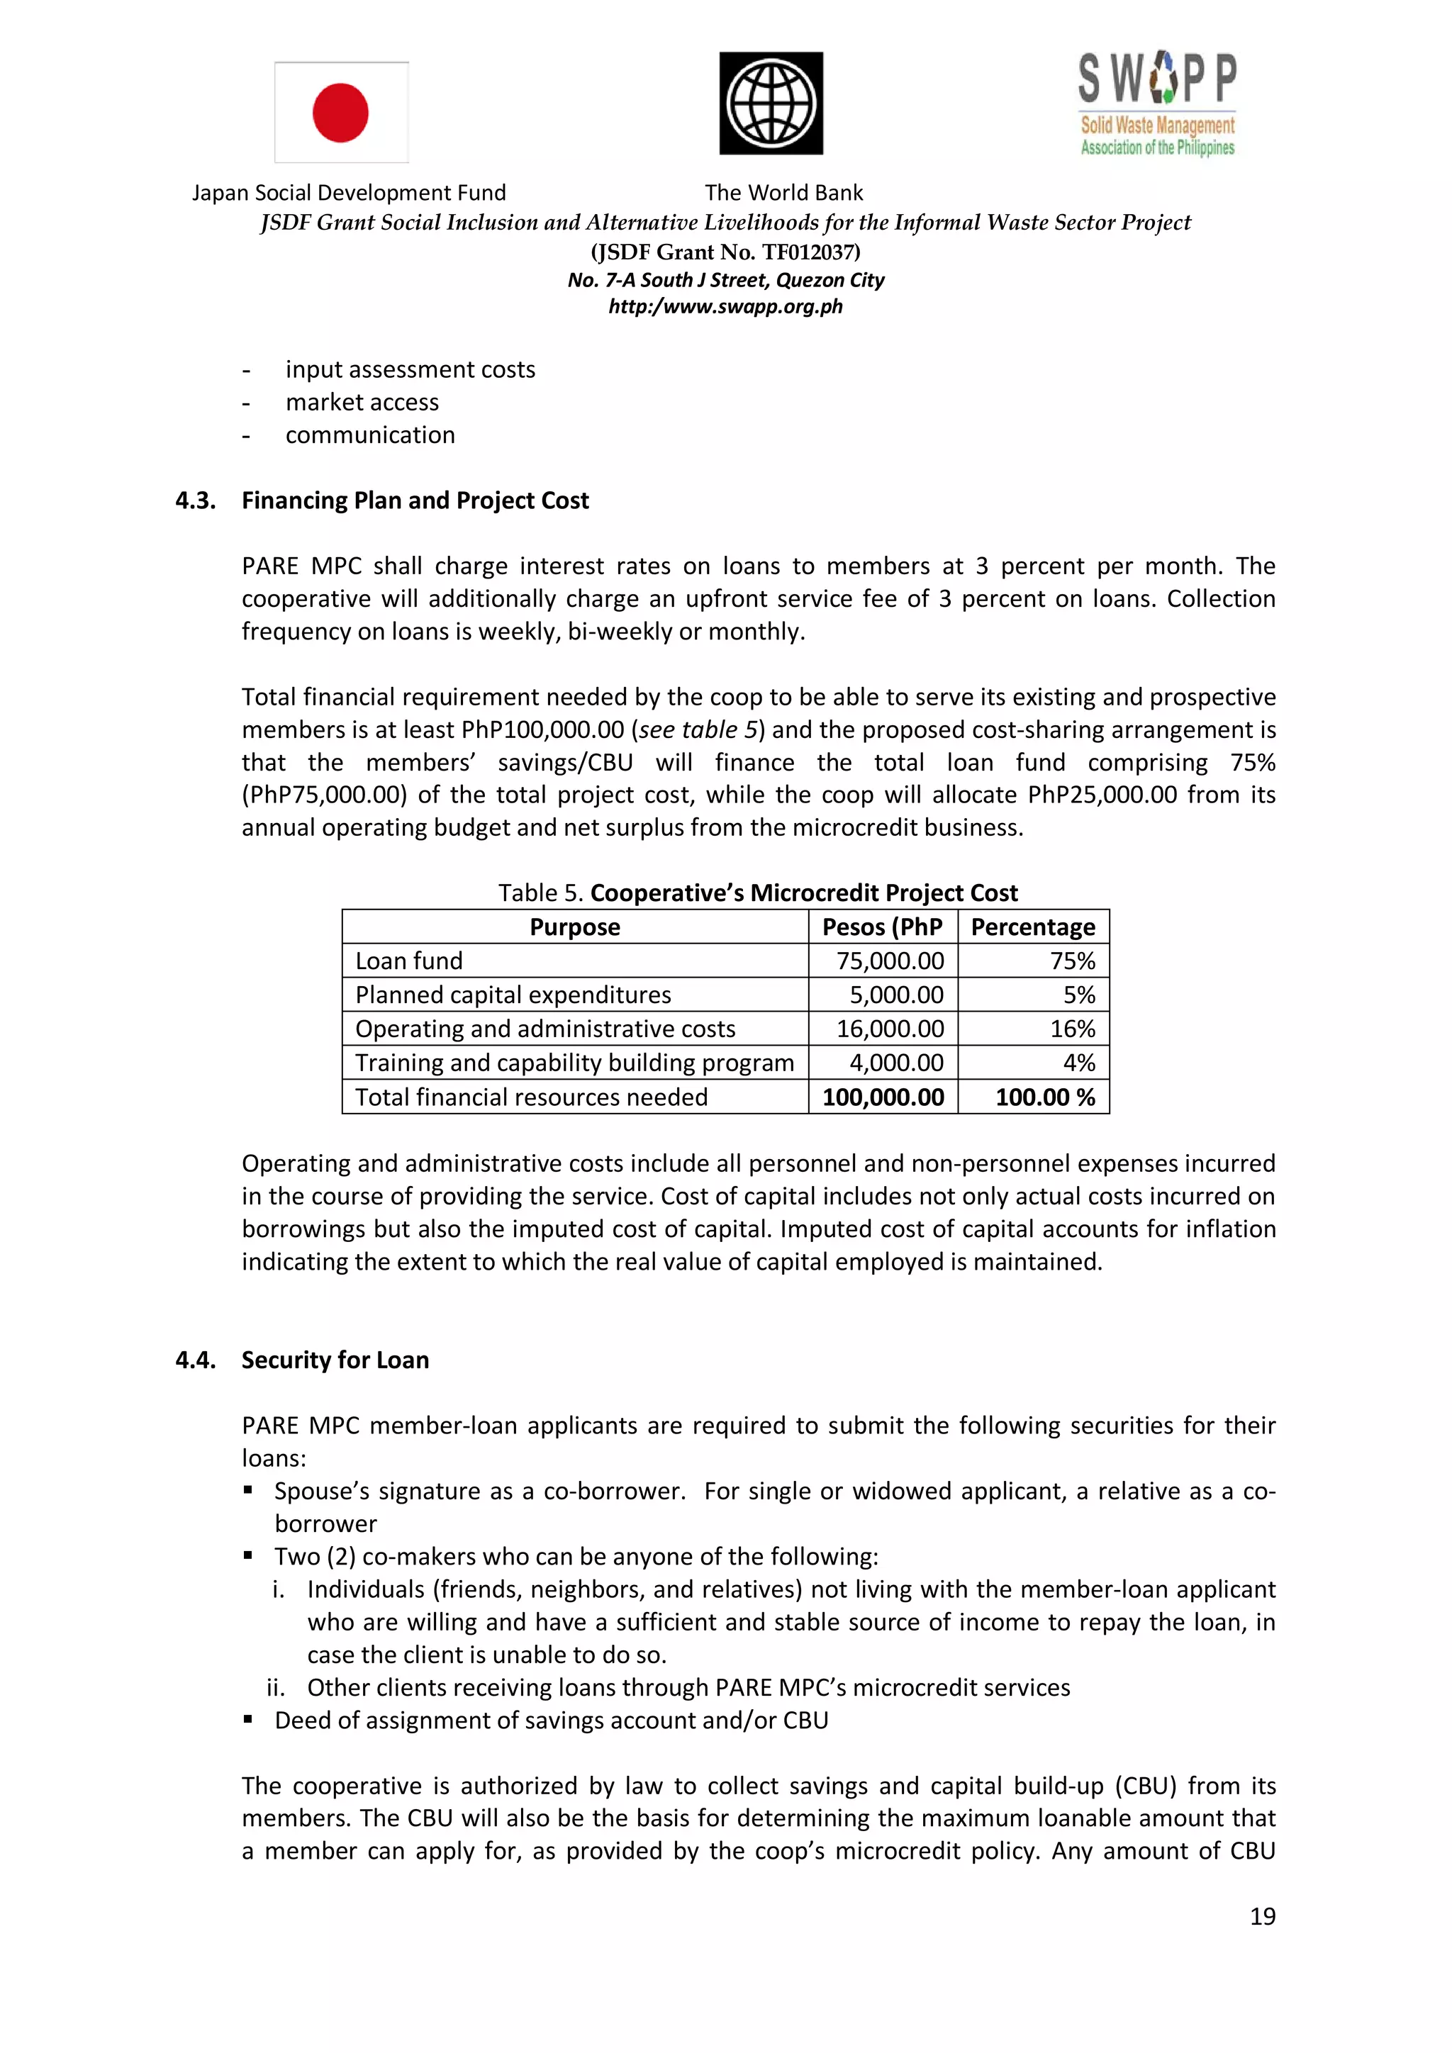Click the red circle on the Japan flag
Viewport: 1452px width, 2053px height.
tap(340, 113)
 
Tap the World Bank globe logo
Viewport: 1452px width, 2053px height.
tap(771, 103)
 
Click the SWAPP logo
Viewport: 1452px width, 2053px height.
tap(1157, 104)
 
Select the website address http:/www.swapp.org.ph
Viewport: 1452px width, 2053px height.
tap(725, 307)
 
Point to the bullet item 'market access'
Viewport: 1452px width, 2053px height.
tap(362, 403)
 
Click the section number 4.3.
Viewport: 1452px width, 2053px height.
tap(195, 500)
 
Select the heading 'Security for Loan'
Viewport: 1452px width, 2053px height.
tap(335, 1360)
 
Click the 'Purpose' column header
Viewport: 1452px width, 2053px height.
tap(574, 927)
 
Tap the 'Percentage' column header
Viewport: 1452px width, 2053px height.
tap(1033, 927)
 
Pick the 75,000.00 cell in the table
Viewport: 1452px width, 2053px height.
tap(890, 961)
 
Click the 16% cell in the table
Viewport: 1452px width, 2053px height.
tap(1072, 1029)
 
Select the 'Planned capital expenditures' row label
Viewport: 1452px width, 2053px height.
tap(513, 995)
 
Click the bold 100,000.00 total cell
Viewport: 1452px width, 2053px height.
tap(883, 1097)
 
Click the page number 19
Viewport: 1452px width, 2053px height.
tap(1261, 1916)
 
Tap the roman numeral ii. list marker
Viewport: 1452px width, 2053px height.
tap(275, 1687)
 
